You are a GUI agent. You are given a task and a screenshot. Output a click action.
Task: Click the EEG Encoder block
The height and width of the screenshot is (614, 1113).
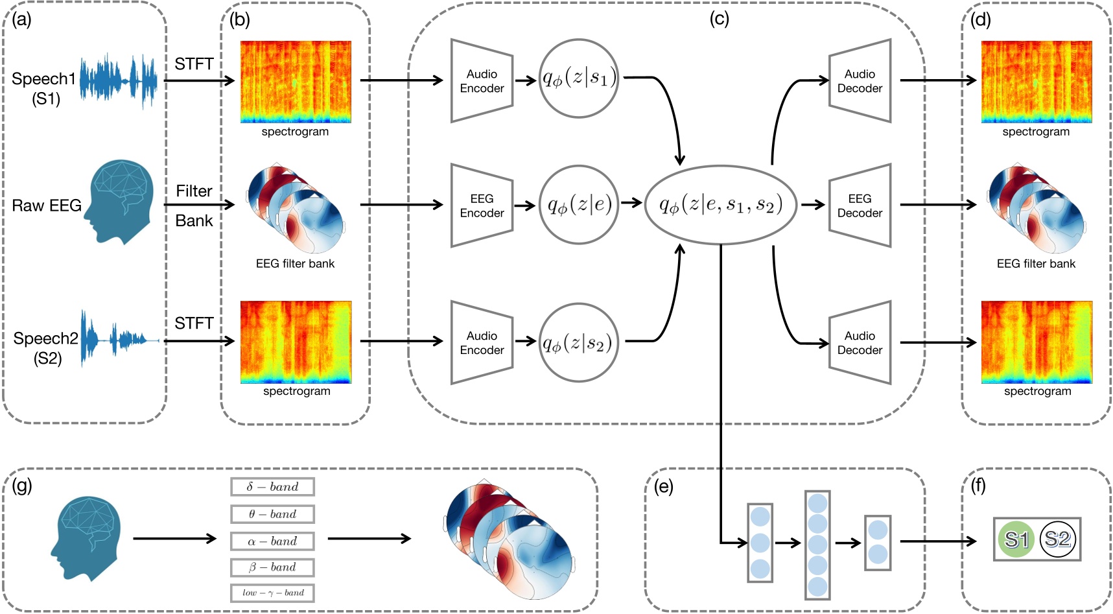coord(482,206)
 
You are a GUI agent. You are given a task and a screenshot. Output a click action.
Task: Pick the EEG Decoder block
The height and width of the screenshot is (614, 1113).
coord(860,206)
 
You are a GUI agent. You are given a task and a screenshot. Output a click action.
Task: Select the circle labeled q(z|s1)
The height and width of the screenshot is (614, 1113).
coord(579,78)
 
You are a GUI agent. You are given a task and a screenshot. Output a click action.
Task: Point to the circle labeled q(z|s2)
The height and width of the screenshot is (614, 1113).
coord(579,343)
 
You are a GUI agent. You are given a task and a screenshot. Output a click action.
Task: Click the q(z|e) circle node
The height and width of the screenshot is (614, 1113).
coord(579,205)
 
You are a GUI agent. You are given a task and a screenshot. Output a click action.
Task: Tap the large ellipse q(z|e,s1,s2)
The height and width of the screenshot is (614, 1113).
coord(720,205)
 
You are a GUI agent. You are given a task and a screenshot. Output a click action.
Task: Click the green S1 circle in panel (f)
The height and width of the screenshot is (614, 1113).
coord(1016,539)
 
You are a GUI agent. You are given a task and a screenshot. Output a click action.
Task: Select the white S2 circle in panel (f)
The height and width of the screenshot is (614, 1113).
coord(1058,539)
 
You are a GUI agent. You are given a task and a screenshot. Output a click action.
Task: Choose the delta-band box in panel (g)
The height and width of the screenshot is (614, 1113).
coord(272,487)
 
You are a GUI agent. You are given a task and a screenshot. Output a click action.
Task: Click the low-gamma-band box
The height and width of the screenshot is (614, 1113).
coord(272,593)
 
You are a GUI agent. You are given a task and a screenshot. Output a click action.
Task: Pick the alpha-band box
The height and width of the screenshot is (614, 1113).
coord(272,541)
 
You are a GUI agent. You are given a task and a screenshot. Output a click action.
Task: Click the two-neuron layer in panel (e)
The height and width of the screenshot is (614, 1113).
coord(878,543)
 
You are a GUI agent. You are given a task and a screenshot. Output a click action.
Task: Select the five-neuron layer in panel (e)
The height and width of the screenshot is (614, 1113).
coord(817,545)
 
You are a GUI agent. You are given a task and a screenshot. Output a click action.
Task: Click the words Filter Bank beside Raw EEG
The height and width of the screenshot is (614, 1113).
coord(194,206)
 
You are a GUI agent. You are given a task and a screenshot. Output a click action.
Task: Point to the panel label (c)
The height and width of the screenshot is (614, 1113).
coord(720,19)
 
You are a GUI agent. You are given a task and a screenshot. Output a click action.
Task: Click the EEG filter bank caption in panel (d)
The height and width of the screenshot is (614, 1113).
coord(1036,264)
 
